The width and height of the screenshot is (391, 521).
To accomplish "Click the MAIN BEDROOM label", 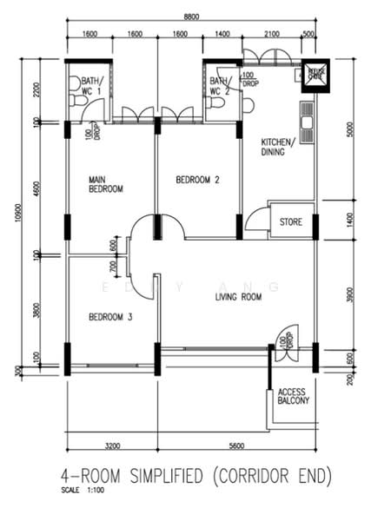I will [105, 184].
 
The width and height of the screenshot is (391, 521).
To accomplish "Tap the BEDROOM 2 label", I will [197, 180].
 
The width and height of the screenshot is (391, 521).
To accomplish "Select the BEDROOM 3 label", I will [110, 317].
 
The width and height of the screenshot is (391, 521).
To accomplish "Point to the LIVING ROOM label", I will [238, 297].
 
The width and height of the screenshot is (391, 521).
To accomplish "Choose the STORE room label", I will [291, 222].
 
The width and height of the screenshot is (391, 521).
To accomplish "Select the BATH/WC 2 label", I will [220, 85].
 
